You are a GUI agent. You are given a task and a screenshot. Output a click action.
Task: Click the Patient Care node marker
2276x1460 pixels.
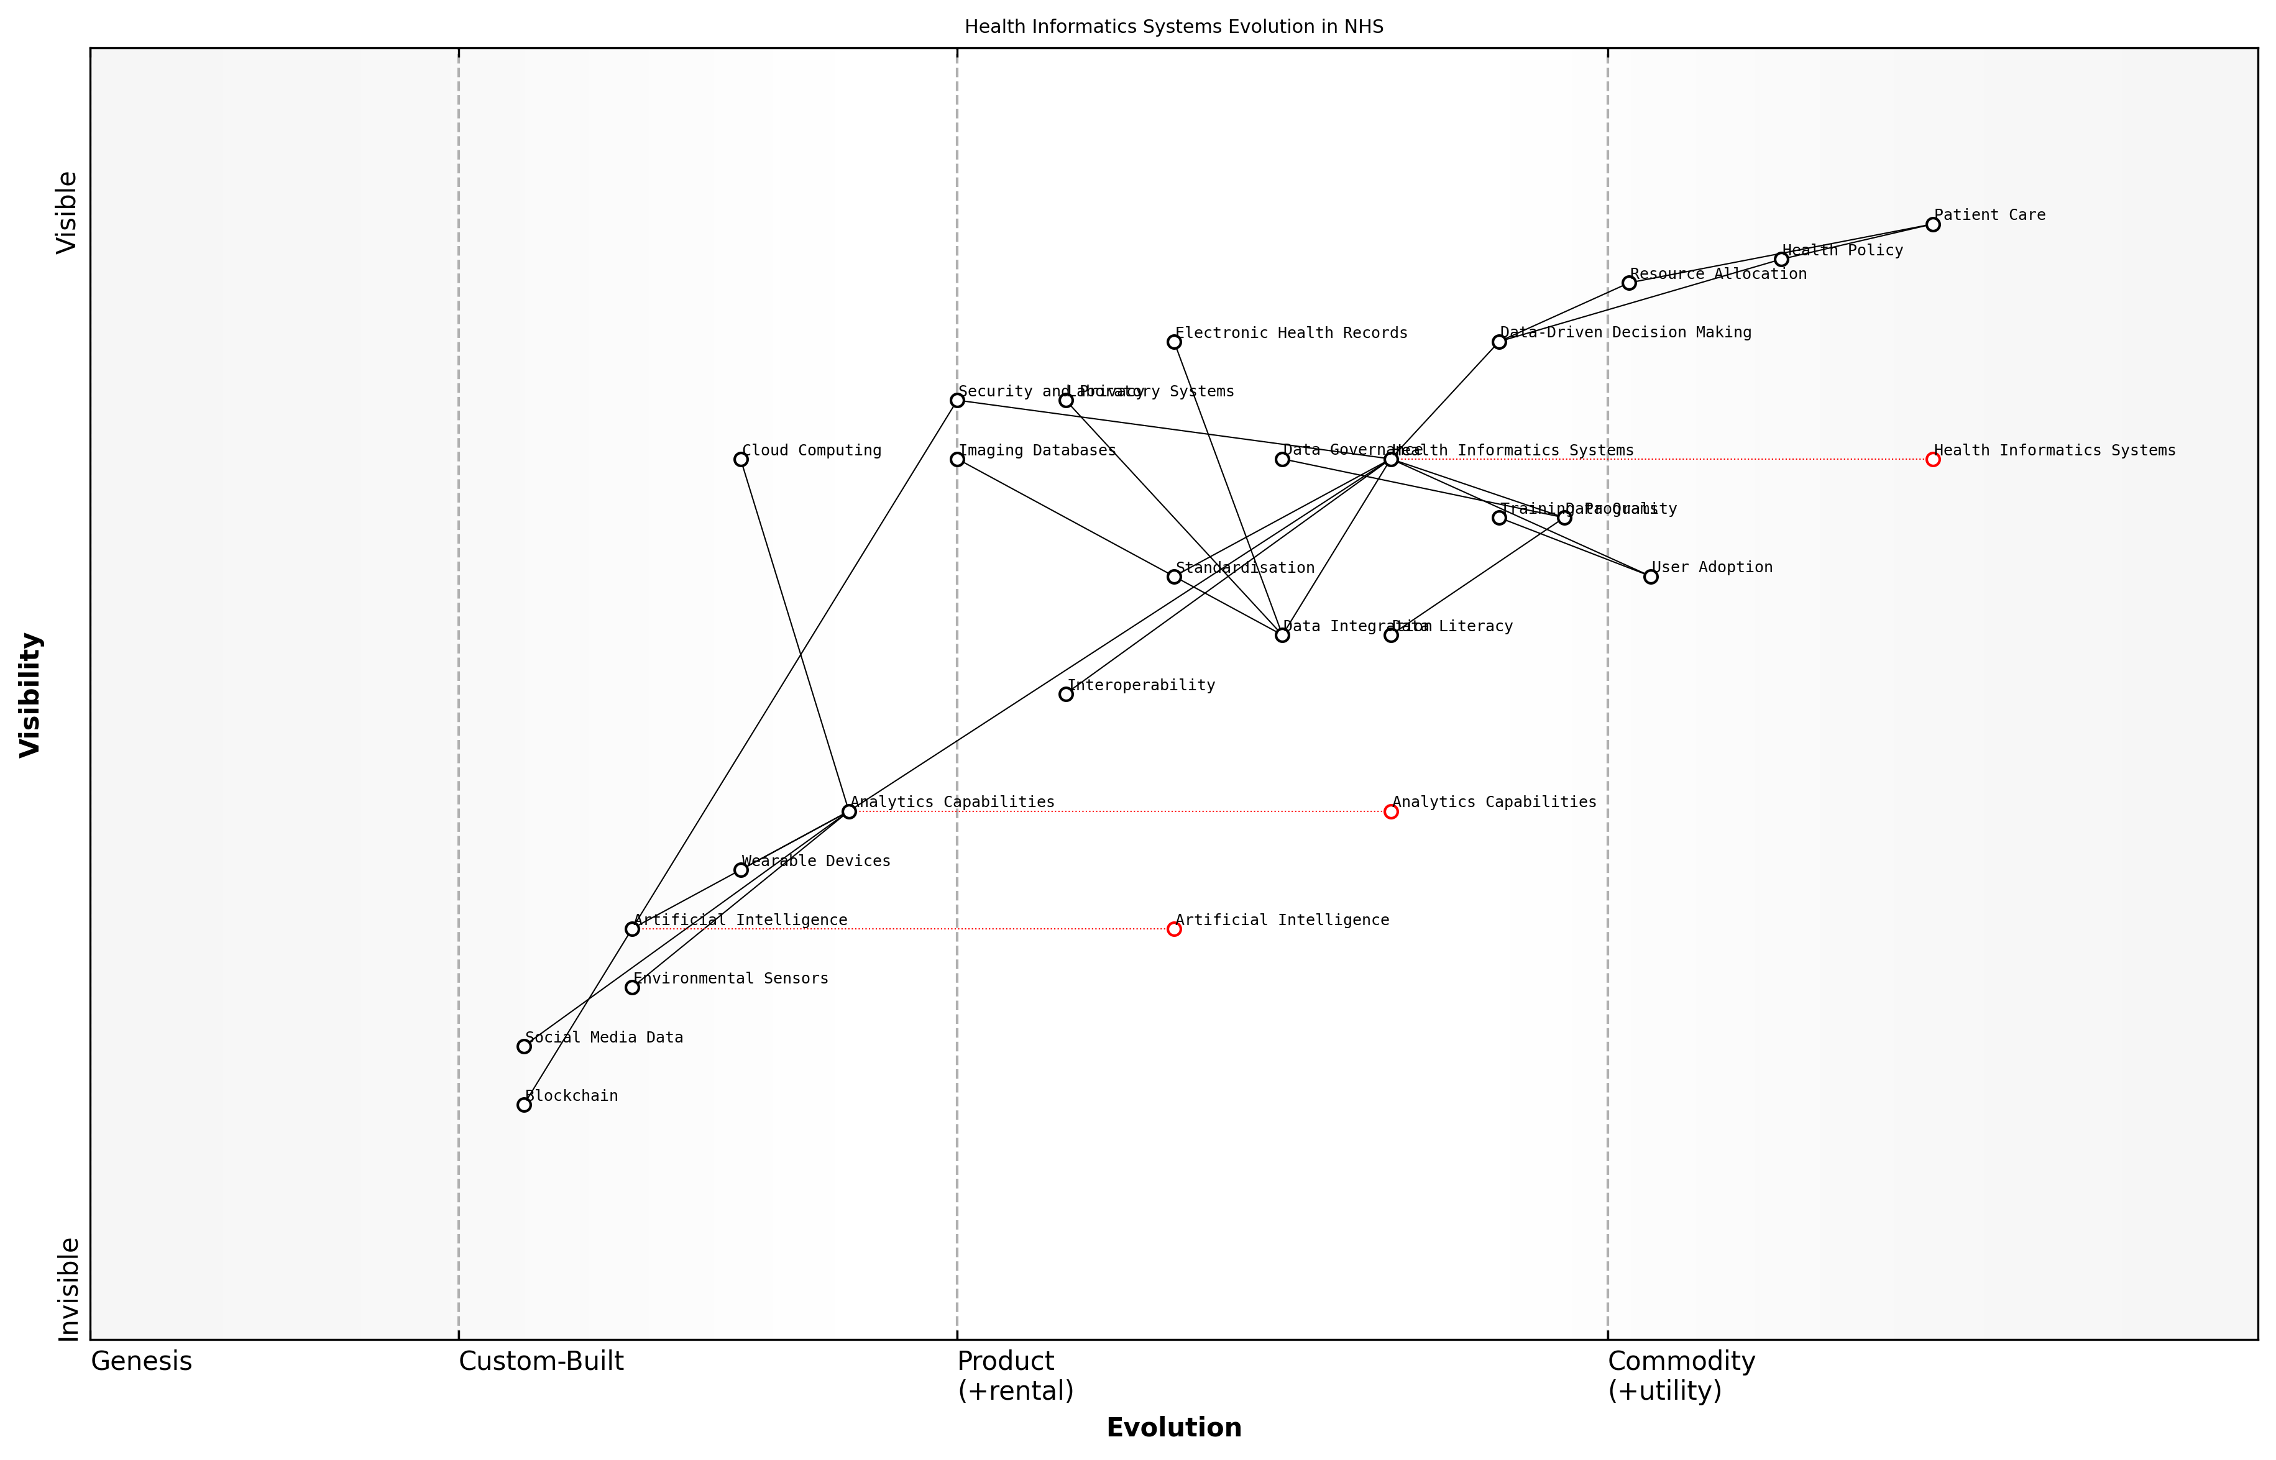pyautogui.click(x=1932, y=225)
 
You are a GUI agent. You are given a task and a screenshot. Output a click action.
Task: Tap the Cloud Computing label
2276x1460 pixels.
pyautogui.click(x=811, y=450)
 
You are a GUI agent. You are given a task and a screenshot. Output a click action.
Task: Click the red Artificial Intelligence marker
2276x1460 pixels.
pyautogui.click(x=1174, y=929)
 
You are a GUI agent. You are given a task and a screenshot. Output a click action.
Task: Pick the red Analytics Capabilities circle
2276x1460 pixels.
pyautogui.click(x=1390, y=811)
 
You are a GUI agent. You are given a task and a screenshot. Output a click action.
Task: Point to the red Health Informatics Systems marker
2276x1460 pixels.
pyautogui.click(x=1932, y=459)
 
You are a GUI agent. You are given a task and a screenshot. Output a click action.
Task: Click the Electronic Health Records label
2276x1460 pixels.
pyautogui.click(x=1291, y=333)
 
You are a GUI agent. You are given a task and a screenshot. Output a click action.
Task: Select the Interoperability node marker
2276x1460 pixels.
pyautogui.click(x=1066, y=694)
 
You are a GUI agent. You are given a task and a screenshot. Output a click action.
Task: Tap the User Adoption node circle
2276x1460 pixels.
pyautogui.click(x=1650, y=577)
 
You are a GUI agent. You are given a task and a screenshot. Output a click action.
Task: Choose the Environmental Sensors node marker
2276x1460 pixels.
pyautogui.click(x=633, y=988)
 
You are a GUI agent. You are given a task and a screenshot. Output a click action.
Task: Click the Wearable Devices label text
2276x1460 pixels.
pyautogui.click(x=815, y=861)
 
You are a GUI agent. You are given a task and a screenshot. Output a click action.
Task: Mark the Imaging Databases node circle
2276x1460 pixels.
pyautogui.click(x=957, y=459)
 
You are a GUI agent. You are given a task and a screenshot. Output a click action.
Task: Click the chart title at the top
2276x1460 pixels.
pyautogui.click(x=1173, y=27)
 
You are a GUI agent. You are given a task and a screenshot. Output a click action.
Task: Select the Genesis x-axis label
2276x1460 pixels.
pyautogui.click(x=141, y=1361)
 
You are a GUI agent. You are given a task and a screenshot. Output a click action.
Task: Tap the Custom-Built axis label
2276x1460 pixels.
pyautogui.click(x=541, y=1361)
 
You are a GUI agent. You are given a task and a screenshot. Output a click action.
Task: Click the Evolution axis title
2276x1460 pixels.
pyautogui.click(x=1173, y=1428)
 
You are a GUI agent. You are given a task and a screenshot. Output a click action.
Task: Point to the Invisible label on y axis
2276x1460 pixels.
pyautogui.click(x=68, y=1289)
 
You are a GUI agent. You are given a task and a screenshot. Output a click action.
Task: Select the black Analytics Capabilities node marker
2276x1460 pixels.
pyautogui.click(x=849, y=811)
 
